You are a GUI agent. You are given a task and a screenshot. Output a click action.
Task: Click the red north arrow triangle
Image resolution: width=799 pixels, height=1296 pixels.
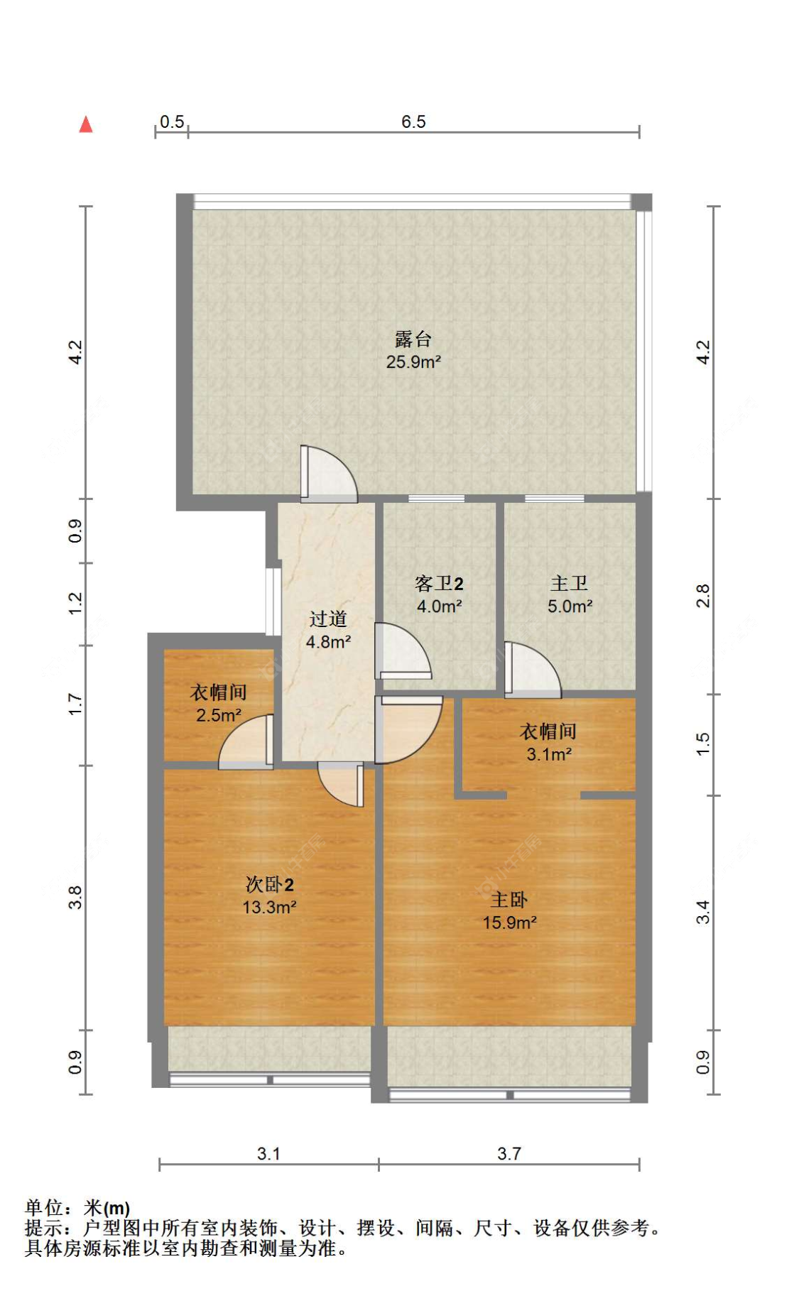(86, 125)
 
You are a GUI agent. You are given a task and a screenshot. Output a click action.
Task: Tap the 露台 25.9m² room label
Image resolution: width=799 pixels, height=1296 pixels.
(413, 350)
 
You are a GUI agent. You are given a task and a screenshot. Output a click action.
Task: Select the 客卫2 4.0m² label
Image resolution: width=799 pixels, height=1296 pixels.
(439, 595)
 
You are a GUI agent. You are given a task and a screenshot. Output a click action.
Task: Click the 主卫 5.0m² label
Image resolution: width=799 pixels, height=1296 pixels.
(569, 595)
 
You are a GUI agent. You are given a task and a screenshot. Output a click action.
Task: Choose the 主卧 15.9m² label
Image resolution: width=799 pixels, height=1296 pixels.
(509, 911)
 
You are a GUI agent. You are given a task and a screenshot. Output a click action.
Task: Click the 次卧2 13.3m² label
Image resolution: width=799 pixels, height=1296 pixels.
(269, 895)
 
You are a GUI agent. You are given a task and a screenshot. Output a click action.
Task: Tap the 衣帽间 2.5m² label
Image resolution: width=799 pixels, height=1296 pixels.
(218, 703)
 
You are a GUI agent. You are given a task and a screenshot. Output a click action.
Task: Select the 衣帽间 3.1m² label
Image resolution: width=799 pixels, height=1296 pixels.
(548, 742)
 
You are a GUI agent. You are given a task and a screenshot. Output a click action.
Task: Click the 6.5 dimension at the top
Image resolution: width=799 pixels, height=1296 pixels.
(413, 121)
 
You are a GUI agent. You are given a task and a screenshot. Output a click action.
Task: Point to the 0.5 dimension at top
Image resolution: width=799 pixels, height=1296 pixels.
(172, 121)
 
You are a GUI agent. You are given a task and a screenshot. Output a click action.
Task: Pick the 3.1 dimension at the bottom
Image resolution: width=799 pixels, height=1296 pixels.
(268, 1154)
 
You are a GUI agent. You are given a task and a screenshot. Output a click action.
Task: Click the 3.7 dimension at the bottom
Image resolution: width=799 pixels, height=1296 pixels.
(509, 1154)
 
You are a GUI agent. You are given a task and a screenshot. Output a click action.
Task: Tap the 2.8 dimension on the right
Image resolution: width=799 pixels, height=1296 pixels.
(702, 596)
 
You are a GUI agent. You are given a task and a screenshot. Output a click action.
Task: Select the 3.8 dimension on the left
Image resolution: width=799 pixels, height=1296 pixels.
(75, 898)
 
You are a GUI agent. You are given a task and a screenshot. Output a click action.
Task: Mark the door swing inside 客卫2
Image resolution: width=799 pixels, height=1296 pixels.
(401, 650)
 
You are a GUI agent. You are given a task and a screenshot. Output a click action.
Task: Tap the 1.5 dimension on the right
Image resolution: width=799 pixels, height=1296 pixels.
(702, 744)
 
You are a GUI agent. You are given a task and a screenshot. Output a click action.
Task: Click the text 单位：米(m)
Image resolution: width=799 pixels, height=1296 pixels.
(77, 1208)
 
